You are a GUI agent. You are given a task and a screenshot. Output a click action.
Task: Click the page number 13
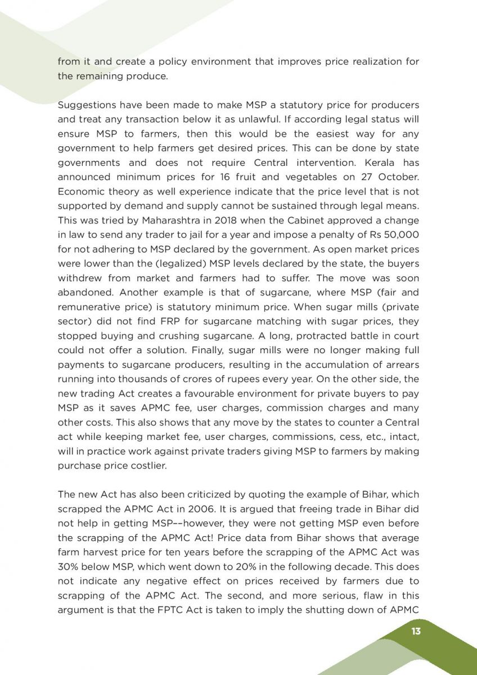pos(416,631)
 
